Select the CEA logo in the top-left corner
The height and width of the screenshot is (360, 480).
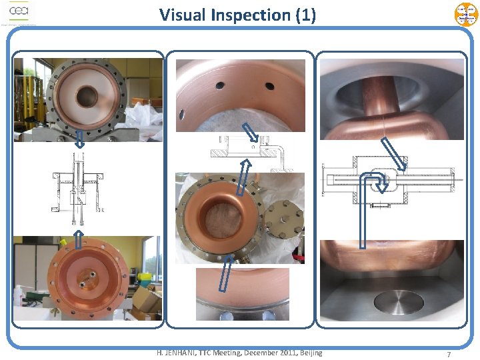(18, 13)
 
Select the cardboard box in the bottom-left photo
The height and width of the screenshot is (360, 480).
(145, 303)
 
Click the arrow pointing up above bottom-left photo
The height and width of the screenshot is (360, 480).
(79, 235)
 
